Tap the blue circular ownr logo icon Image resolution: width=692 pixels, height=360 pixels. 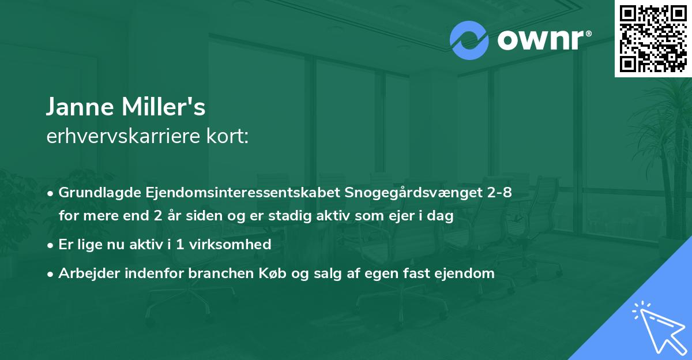469,40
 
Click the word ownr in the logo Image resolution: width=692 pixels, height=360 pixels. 539,40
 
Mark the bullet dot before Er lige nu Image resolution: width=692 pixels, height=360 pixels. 51,245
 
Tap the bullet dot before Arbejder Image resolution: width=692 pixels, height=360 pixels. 51,273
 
